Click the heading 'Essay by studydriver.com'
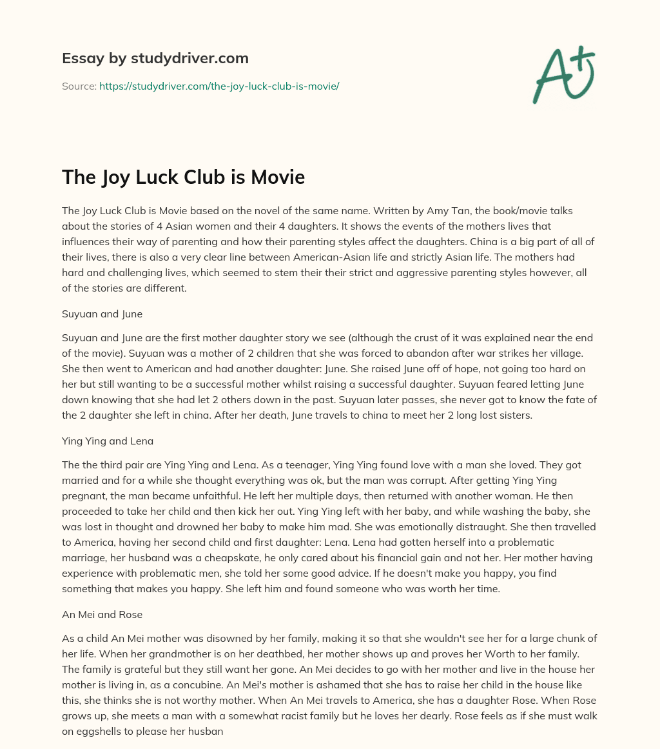pyautogui.click(x=155, y=58)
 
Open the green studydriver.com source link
pyautogui.click(x=219, y=86)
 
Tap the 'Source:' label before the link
pyautogui.click(x=79, y=86)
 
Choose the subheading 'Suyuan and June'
pyautogui.click(x=102, y=314)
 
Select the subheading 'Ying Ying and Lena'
pyautogui.click(x=108, y=441)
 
